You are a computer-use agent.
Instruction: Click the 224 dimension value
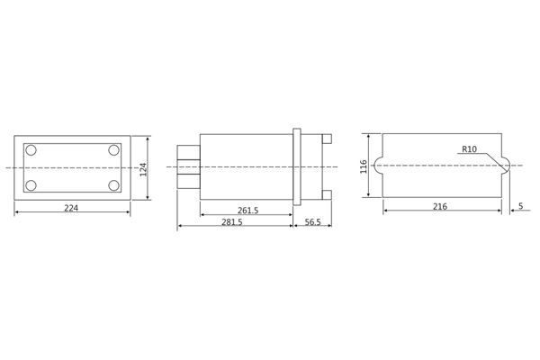(71, 208)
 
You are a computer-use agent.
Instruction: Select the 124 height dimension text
(143, 168)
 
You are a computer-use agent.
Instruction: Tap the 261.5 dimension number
(247, 211)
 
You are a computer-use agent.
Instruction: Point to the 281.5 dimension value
(232, 221)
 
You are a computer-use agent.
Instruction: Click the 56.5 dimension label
(312, 221)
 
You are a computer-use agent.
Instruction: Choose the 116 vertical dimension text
(364, 166)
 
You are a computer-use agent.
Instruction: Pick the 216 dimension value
(440, 206)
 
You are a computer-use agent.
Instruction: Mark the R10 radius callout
(469, 149)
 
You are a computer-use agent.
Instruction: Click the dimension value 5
(520, 206)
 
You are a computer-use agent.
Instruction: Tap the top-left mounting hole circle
(31, 150)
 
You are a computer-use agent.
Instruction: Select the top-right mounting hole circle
(114, 150)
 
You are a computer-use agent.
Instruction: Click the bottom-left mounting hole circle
(31, 185)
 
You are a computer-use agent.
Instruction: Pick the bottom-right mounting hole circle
(114, 185)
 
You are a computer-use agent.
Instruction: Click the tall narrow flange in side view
(297, 166)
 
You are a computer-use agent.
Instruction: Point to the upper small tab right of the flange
(327, 139)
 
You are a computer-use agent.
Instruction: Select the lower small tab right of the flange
(327, 194)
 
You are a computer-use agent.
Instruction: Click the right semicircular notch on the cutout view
(505, 166)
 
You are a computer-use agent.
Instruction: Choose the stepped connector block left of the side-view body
(188, 166)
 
